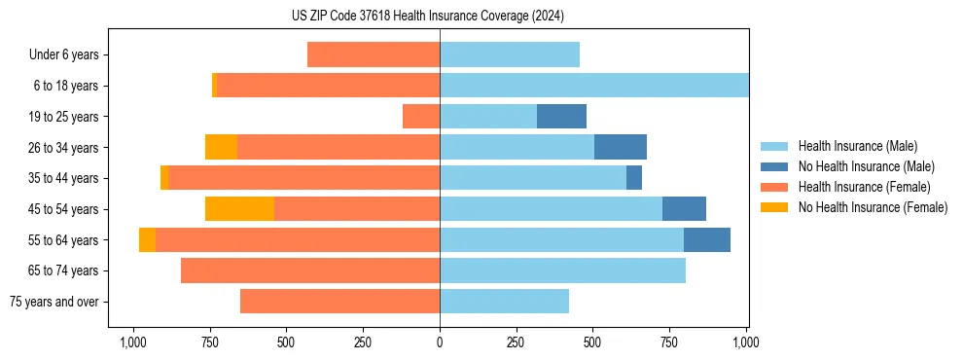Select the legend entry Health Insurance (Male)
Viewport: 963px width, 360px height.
(x=855, y=146)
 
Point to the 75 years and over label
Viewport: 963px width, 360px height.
(x=53, y=302)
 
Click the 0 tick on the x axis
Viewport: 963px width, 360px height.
(x=440, y=342)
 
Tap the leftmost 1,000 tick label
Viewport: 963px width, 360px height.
(x=133, y=342)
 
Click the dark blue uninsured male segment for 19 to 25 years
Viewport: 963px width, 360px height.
(x=561, y=117)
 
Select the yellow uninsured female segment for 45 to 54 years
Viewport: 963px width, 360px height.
(x=239, y=209)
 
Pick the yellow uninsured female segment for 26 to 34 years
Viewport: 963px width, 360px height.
(x=221, y=147)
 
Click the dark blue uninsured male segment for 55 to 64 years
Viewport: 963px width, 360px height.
(x=707, y=239)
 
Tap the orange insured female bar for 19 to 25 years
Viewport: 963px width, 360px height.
(x=421, y=117)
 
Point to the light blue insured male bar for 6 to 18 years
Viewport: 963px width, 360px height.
(x=593, y=86)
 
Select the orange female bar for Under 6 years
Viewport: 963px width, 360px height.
(x=374, y=54)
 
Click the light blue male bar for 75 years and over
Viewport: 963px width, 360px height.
(x=504, y=302)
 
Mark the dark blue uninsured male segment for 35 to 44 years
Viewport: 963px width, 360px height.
(x=634, y=178)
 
